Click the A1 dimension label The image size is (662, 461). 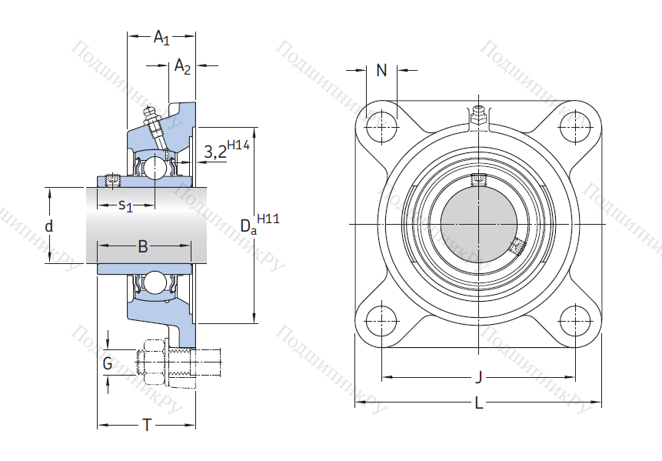click(x=161, y=36)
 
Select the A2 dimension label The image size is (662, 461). click(x=183, y=67)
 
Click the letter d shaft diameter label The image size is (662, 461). click(x=48, y=226)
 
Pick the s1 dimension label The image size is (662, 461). click(x=125, y=205)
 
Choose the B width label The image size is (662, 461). click(x=142, y=246)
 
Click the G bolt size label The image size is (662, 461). click(x=108, y=362)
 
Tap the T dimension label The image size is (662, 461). click(x=146, y=425)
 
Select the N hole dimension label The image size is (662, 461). click(x=381, y=72)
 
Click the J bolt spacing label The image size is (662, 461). click(x=477, y=377)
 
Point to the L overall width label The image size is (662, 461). click(x=478, y=403)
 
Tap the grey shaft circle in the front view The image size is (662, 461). click(x=477, y=224)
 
